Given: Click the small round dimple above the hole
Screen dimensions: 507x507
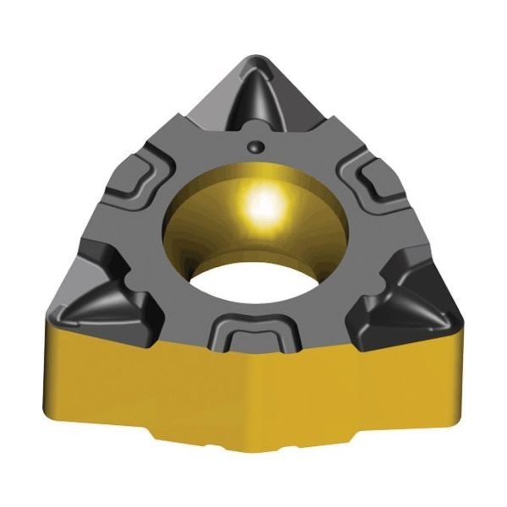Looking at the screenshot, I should [x=253, y=146].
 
